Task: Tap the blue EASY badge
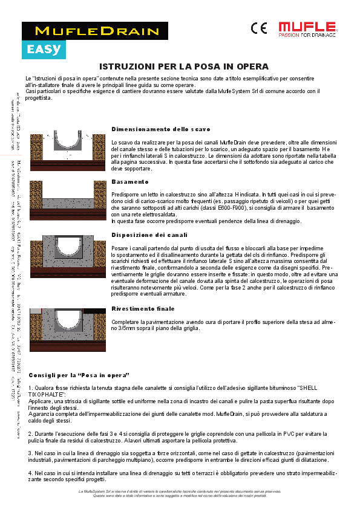coord(43,49)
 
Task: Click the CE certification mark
coord(258,28)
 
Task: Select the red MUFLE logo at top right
coord(307,28)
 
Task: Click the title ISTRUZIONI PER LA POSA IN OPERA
coord(183,66)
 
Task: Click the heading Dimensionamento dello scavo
coord(161,129)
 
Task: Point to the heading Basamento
coord(130,181)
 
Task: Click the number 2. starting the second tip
coord(31,434)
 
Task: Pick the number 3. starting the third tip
coord(31,452)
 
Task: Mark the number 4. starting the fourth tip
coord(31,473)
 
